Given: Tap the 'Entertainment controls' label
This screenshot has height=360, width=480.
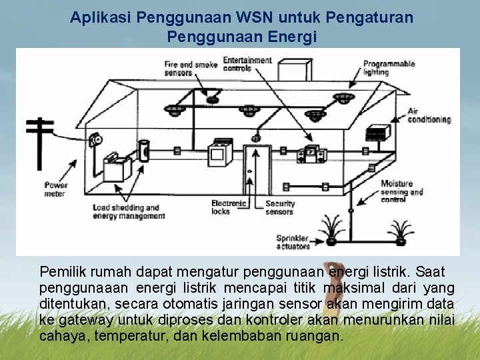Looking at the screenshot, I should (248, 64).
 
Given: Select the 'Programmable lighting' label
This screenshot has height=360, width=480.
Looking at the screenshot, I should (389, 68).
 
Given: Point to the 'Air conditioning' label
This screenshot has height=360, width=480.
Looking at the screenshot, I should (429, 115).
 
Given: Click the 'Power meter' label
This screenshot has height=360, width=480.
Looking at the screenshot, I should (56, 189).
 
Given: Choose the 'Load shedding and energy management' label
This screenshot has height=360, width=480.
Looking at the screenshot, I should (128, 212).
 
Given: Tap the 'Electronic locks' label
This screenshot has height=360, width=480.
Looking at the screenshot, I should (229, 207).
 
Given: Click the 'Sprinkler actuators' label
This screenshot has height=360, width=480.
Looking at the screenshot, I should (293, 242).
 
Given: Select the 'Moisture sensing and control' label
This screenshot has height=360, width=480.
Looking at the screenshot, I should (402, 191).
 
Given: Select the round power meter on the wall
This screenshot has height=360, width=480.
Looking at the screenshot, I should (95, 140).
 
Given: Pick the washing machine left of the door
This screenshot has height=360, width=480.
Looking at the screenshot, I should (219, 153).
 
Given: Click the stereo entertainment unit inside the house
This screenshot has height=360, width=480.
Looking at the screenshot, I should (310, 154).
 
